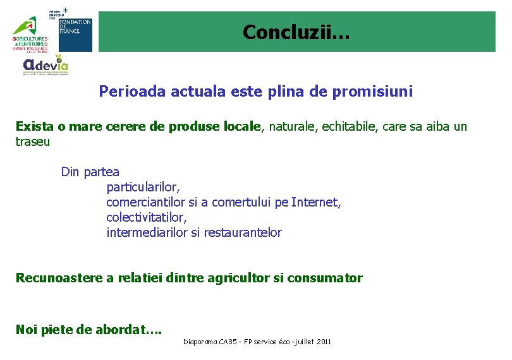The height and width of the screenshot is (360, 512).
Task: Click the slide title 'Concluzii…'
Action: pyautogui.click(x=295, y=32)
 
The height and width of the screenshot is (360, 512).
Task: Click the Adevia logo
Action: pyautogui.click(x=45, y=65)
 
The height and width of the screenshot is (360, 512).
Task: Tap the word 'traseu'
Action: pyautogui.click(x=32, y=141)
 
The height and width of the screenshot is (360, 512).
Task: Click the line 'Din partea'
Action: pyautogui.click(x=90, y=172)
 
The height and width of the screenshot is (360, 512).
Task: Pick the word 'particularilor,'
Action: pyautogui.click(x=143, y=187)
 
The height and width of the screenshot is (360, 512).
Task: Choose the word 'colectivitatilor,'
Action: pyautogui.click(x=147, y=217)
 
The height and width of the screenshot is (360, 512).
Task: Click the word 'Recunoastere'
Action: pyautogui.click(x=53, y=278)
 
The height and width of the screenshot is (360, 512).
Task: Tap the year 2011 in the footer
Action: pyautogui.click(x=323, y=342)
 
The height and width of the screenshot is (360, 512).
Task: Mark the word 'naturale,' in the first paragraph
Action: pyautogui.click(x=292, y=126)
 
